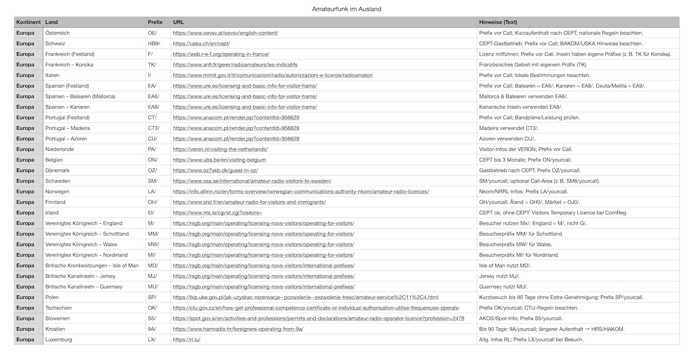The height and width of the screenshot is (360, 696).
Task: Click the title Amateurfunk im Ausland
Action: pos(347,9)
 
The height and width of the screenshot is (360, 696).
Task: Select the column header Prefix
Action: pos(155,22)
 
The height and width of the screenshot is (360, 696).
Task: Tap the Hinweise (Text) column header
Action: pos(498,22)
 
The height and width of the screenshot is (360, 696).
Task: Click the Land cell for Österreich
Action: pos(57,33)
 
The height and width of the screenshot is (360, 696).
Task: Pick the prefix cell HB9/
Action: pos(154,44)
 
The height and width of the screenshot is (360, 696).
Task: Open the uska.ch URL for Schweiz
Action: pos(201,44)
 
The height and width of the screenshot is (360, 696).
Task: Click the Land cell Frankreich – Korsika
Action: pos(69,65)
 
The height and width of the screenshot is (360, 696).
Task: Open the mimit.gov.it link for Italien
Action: pos(272,75)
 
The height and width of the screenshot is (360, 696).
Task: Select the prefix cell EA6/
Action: pos(154,96)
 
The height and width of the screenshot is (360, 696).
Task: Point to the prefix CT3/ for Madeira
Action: pos(154,128)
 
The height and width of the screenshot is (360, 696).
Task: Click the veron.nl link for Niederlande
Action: pos(220,149)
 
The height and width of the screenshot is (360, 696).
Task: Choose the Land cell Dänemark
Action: pos(58,171)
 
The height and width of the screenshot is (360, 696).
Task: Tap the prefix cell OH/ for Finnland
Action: pos(153,202)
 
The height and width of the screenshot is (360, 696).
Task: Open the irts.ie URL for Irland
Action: pos(217,213)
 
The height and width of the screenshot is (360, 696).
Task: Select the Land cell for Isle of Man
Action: pos(91,266)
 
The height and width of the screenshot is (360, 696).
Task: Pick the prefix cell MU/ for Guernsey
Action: pos(153,287)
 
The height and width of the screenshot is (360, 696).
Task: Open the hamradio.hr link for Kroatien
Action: pos(238,329)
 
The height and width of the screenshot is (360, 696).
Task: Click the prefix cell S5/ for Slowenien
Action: pos(152,318)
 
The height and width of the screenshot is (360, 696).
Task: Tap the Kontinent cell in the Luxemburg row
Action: pos(25,340)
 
